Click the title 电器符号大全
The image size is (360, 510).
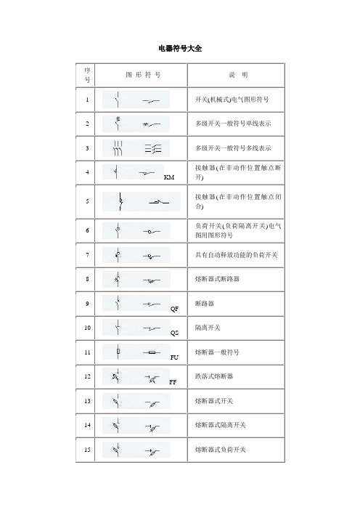[x=180, y=48]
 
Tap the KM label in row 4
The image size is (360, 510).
[x=169, y=177]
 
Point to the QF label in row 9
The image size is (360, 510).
[x=174, y=309]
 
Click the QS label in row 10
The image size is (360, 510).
[x=174, y=333]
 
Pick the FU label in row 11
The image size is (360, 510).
[x=174, y=357]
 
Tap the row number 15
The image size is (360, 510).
[x=87, y=450]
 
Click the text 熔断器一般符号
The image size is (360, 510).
[x=220, y=352]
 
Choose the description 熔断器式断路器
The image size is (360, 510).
[x=220, y=278]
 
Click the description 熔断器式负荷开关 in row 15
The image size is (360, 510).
[x=224, y=450]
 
